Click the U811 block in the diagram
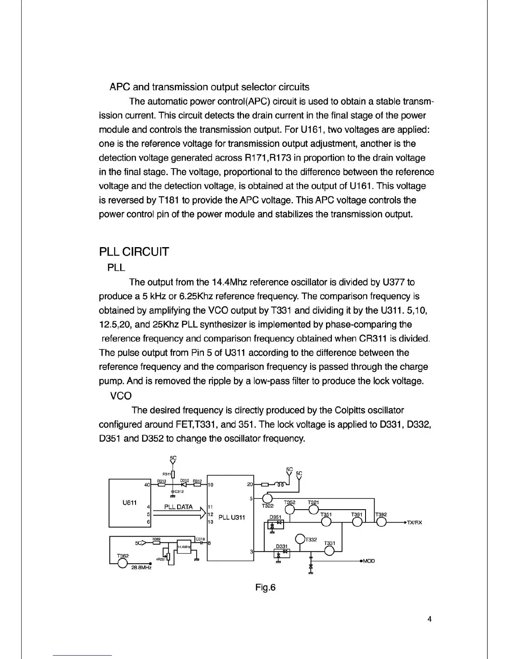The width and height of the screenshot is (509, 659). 129,503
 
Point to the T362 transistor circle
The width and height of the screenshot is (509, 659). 122,562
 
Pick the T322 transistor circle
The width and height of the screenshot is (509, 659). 268,498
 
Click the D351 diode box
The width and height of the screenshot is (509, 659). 276,523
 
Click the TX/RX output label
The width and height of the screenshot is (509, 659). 414,523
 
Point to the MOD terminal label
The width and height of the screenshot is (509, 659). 369,561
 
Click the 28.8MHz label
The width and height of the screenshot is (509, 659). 141,567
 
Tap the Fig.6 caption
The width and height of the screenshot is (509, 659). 265,587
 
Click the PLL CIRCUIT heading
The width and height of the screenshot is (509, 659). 134,252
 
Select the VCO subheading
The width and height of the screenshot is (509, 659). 121,396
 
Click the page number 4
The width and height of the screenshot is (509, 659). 430,619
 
